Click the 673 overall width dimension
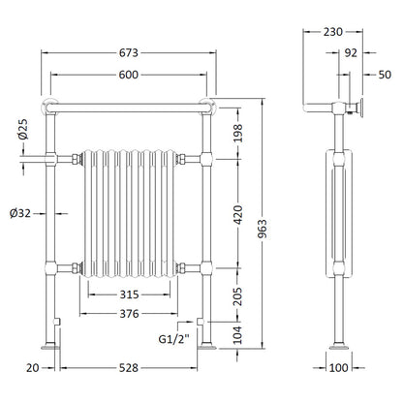(x=129, y=52)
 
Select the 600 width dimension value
(x=129, y=75)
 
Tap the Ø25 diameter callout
(x=23, y=129)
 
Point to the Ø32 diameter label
(x=20, y=213)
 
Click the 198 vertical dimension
(x=237, y=133)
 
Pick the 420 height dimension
(x=237, y=214)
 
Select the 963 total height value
(x=263, y=229)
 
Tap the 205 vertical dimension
(x=237, y=296)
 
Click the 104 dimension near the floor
(x=237, y=335)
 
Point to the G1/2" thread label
(x=173, y=339)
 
